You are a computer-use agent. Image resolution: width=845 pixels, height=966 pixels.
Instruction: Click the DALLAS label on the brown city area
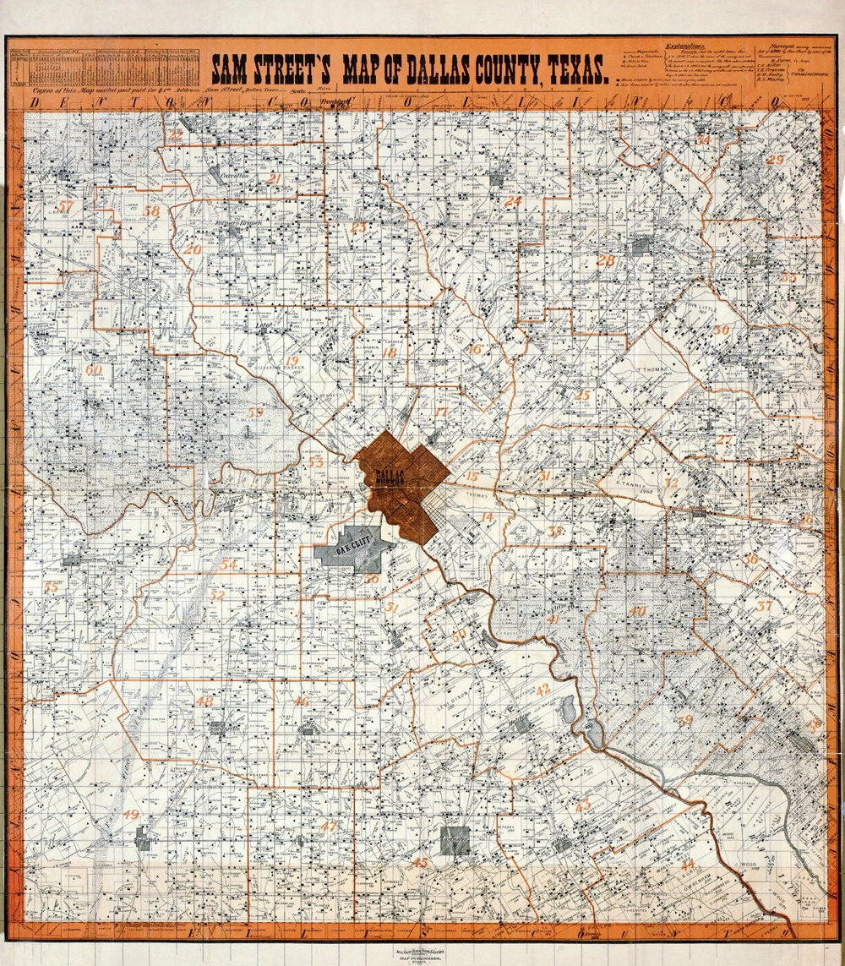(x=389, y=476)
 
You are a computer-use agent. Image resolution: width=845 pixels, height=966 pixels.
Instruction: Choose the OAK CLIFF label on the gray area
(x=355, y=548)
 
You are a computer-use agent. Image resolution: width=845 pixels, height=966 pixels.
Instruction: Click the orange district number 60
(x=94, y=369)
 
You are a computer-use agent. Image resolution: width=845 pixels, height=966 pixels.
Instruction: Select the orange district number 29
(x=775, y=160)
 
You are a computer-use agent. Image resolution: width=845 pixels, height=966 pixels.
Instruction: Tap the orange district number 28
(x=606, y=260)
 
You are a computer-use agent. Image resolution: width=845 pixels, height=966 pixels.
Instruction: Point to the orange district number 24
(x=513, y=201)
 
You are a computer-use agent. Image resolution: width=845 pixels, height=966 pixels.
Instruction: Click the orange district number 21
(x=273, y=179)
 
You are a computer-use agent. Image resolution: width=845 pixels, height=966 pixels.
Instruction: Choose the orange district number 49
(x=131, y=814)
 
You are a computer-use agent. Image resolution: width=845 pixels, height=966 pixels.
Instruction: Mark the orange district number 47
(x=329, y=826)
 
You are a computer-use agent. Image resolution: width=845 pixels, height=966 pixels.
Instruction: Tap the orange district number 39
(x=685, y=720)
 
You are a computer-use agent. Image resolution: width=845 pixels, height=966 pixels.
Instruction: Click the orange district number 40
(x=637, y=610)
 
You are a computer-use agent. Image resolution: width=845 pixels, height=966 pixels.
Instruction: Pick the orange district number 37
(x=764, y=605)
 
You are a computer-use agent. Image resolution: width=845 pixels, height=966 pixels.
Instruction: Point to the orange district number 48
(x=204, y=701)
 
